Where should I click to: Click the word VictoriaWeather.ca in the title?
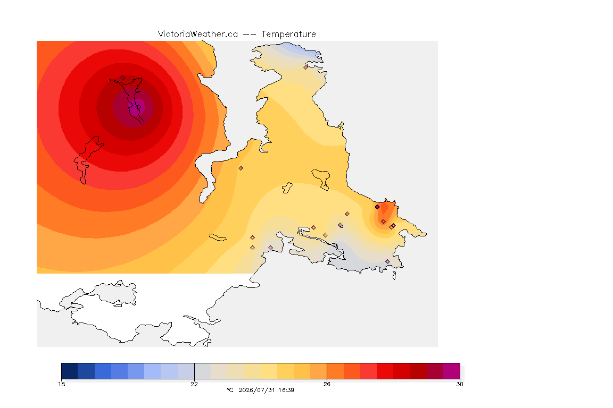pyautogui.click(x=198, y=34)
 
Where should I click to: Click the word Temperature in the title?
pyautogui.click(x=288, y=35)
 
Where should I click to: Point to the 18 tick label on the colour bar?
pyautogui.click(x=62, y=384)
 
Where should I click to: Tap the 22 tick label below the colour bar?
pyautogui.click(x=194, y=384)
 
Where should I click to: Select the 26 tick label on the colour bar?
pyautogui.click(x=327, y=384)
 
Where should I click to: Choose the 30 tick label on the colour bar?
pyautogui.click(x=460, y=384)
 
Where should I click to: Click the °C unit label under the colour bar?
pyautogui.click(x=230, y=390)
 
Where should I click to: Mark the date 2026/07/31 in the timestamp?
pyautogui.click(x=257, y=390)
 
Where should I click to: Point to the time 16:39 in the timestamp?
pyautogui.click(x=286, y=390)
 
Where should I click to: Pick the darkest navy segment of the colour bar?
pyautogui.click(x=70, y=371)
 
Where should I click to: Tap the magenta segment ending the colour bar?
pyautogui.click(x=452, y=371)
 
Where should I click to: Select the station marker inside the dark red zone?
pyautogui.click(x=123, y=78)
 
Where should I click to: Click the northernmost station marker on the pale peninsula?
pyautogui.click(x=306, y=67)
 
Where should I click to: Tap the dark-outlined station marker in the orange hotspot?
pyautogui.click(x=377, y=207)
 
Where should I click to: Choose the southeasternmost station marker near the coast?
pyautogui.click(x=387, y=261)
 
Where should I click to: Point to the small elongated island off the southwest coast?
pyautogui.click(x=218, y=237)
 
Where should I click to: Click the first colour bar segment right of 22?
pyautogui.click(x=203, y=371)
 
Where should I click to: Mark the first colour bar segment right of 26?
pyautogui.click(x=335, y=371)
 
